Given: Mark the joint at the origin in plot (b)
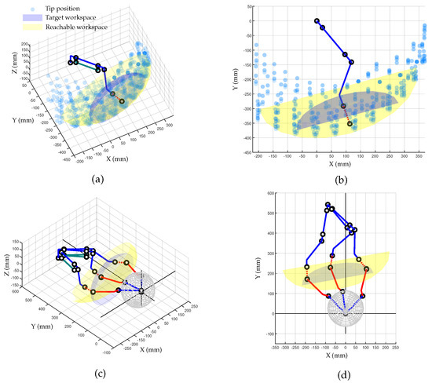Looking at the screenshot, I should (317, 21).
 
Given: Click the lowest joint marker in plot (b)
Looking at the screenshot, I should (350, 123).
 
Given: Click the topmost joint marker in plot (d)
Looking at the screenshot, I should (327, 205).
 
